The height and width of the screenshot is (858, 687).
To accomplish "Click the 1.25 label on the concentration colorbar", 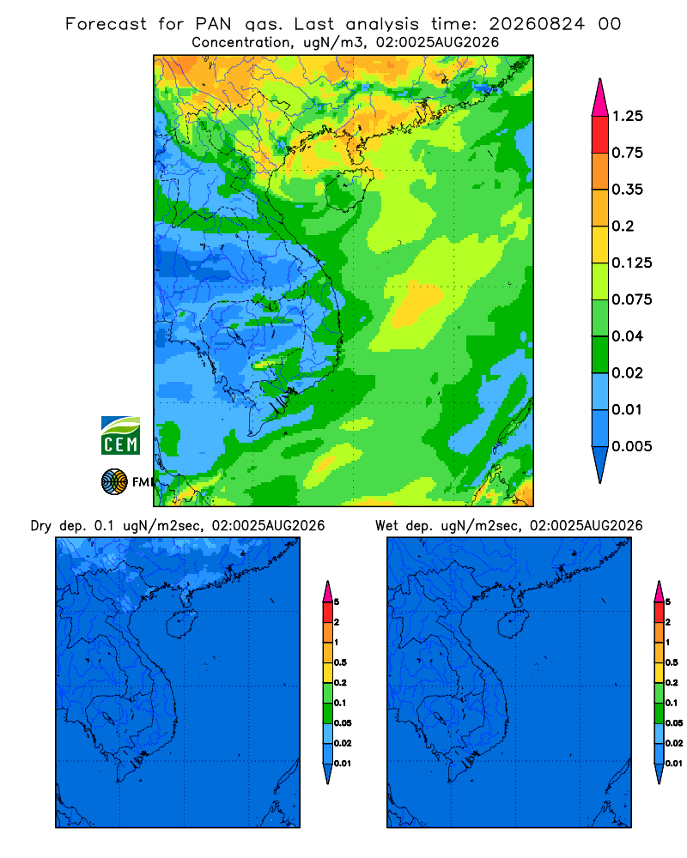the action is click(x=627, y=116).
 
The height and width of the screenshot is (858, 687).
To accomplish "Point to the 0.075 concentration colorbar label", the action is click(x=632, y=299).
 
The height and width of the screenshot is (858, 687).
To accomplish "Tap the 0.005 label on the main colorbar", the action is click(x=632, y=446).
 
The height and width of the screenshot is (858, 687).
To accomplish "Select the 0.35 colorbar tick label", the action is click(x=627, y=190).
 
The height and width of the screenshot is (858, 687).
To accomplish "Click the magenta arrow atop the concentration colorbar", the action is click(x=600, y=98).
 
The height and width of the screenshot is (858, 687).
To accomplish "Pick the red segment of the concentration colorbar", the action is click(x=600, y=135).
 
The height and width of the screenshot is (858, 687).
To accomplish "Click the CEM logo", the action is click(x=120, y=436).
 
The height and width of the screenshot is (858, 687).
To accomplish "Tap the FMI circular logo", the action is click(x=114, y=482).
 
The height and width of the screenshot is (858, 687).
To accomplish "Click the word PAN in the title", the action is click(x=213, y=24).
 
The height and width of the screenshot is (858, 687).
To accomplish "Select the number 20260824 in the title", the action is click(x=537, y=24).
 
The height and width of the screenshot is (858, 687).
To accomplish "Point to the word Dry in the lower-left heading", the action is click(x=40, y=526).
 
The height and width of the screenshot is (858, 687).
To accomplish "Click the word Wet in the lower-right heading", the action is click(x=386, y=526).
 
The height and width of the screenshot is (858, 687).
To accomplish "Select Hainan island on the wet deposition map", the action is click(x=513, y=625).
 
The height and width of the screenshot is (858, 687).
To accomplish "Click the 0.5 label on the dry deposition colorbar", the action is click(x=340, y=662).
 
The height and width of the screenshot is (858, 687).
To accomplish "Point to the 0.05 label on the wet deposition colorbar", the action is click(x=674, y=722).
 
